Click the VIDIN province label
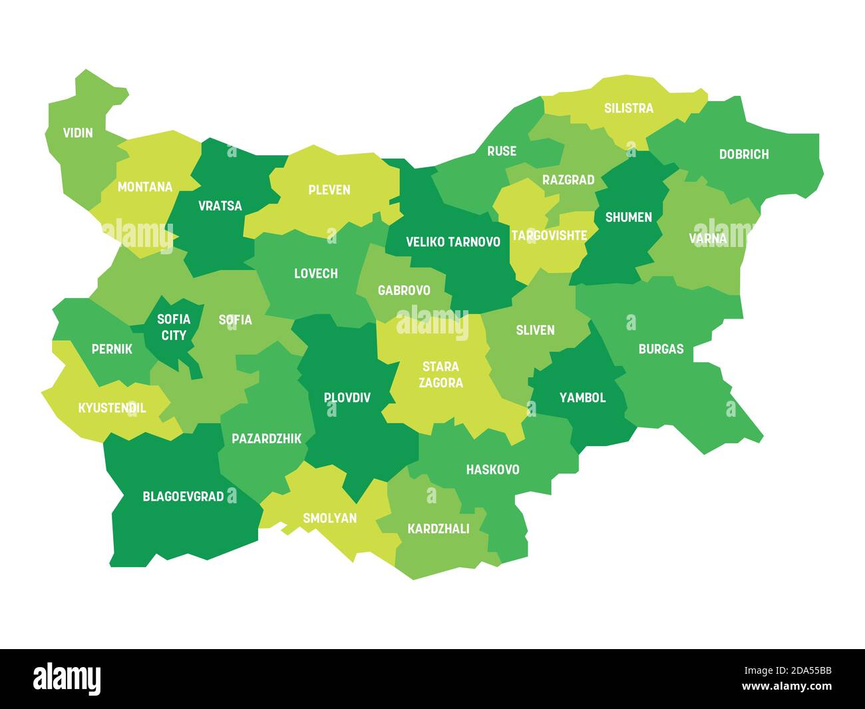coord(78,132)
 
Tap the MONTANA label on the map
coord(144,187)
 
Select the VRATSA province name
coord(220,206)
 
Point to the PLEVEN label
coord(329,190)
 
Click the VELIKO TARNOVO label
coord(453,242)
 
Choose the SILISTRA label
coord(628,108)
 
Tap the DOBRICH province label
coord(743,154)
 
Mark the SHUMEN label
coord(628,217)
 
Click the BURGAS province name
coord(661,349)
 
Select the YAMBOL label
coord(582,397)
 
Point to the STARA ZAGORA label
coord(440,375)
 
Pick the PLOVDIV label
coord(347,397)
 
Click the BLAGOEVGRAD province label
coord(183,497)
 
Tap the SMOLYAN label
coord(329,518)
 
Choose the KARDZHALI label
coord(438,529)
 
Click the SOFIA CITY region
coord(173,328)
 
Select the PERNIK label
coord(112,349)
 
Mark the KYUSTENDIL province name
coord(112,408)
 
